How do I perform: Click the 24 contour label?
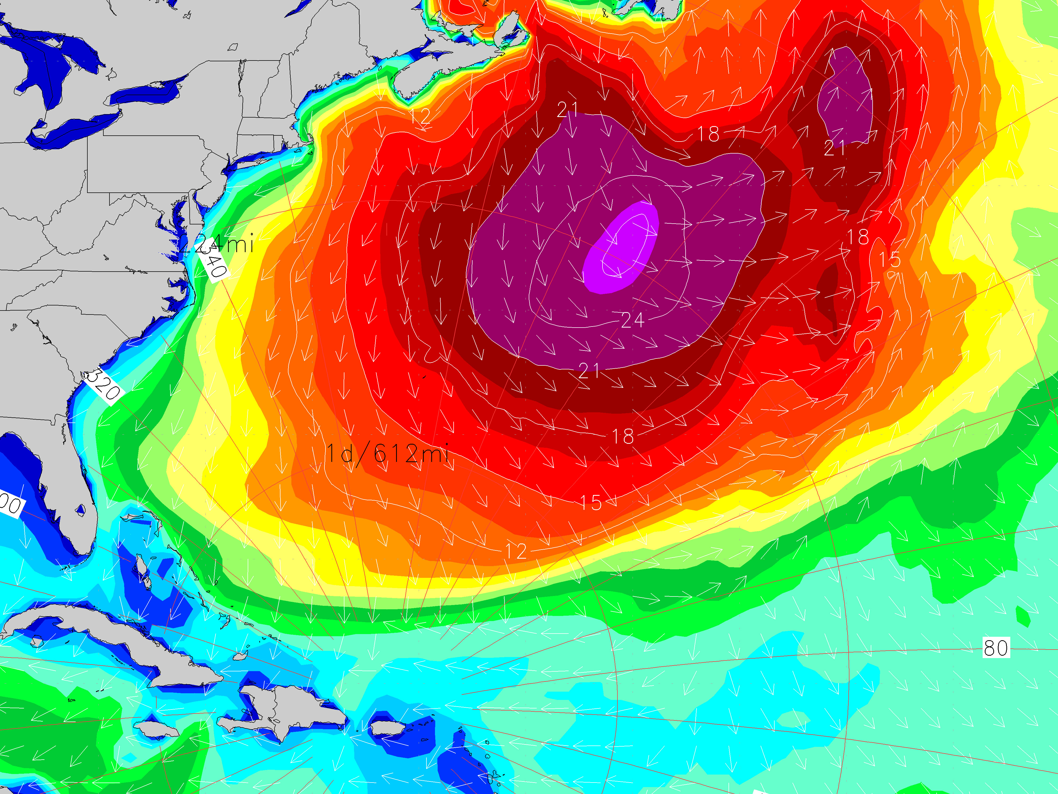tap(632, 320)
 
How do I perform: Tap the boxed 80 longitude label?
tap(996, 648)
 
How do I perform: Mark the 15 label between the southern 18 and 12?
tap(591, 502)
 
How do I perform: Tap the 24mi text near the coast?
tap(225, 244)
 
